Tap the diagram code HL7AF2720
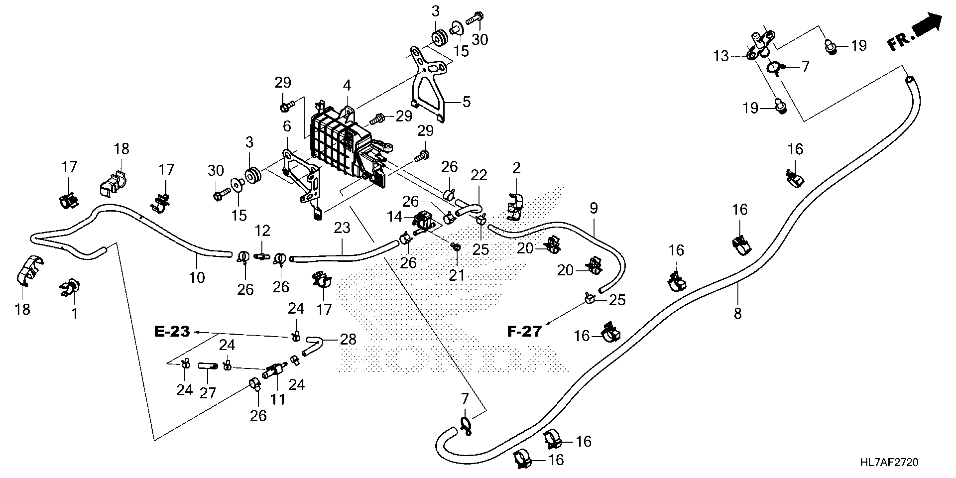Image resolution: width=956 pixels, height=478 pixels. (x=889, y=462)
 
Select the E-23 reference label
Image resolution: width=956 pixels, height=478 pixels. (x=172, y=331)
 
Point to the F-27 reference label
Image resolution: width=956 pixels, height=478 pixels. (x=524, y=331)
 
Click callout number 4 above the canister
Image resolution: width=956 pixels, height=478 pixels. (x=347, y=85)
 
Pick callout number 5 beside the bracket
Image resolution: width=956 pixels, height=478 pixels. (x=466, y=101)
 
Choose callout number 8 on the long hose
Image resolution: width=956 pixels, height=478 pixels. (x=738, y=314)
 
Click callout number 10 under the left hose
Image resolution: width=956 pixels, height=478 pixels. (x=197, y=277)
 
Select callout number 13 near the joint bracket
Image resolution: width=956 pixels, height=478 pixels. (x=721, y=57)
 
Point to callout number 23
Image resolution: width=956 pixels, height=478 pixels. (x=342, y=228)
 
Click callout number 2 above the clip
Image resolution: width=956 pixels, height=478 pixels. (x=516, y=168)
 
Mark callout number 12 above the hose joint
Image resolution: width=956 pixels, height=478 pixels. (x=262, y=231)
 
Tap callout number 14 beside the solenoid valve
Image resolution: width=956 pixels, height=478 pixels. (x=394, y=216)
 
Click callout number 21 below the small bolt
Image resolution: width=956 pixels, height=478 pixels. (x=456, y=275)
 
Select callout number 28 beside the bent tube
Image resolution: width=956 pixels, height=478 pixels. (x=348, y=339)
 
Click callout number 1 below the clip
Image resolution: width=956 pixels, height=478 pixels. (x=75, y=314)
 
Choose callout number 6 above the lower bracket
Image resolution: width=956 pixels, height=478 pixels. (x=287, y=126)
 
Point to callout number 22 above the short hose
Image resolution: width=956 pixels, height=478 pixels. (x=479, y=175)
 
